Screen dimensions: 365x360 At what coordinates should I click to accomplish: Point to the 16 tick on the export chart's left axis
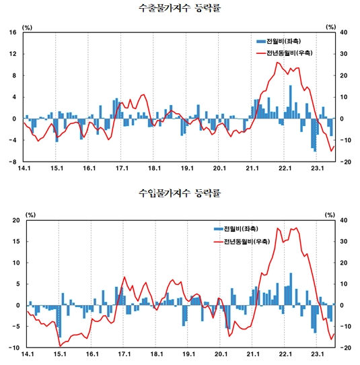pyautogui.click(x=13, y=32)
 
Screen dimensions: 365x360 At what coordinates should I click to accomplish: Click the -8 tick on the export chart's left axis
pyautogui.click(x=13, y=162)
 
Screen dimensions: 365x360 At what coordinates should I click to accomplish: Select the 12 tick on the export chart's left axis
pyautogui.click(x=13, y=54)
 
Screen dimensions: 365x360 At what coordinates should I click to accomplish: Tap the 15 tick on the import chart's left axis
pyautogui.click(x=13, y=241)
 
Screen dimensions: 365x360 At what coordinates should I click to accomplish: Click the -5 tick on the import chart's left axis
pyautogui.click(x=13, y=327)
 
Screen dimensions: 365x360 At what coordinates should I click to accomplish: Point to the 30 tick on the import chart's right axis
pyautogui.click(x=343, y=241)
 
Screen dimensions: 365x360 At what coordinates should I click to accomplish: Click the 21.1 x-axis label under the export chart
pyautogui.click(x=252, y=168)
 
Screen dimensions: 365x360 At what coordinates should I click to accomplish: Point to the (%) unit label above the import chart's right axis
pyautogui.click(x=330, y=215)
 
